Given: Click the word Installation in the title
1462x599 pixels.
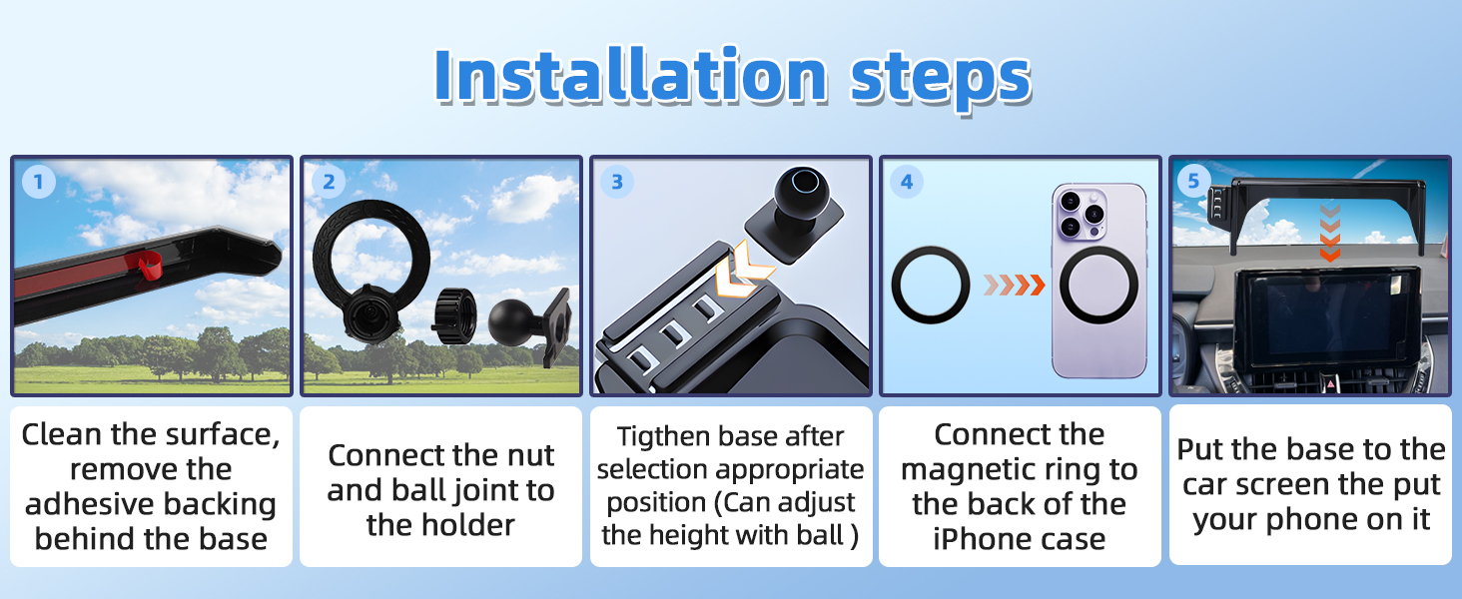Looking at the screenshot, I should tap(630, 77).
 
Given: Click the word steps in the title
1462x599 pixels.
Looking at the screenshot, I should tap(940, 77).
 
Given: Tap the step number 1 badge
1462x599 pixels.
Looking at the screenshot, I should tap(38, 182).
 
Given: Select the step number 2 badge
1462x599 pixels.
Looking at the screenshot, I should tap(328, 182).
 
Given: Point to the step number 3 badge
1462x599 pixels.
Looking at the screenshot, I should tap(616, 182).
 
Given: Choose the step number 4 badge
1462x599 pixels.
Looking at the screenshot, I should tap(906, 182).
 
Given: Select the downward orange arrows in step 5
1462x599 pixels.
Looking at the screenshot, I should tap(1328, 235).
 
